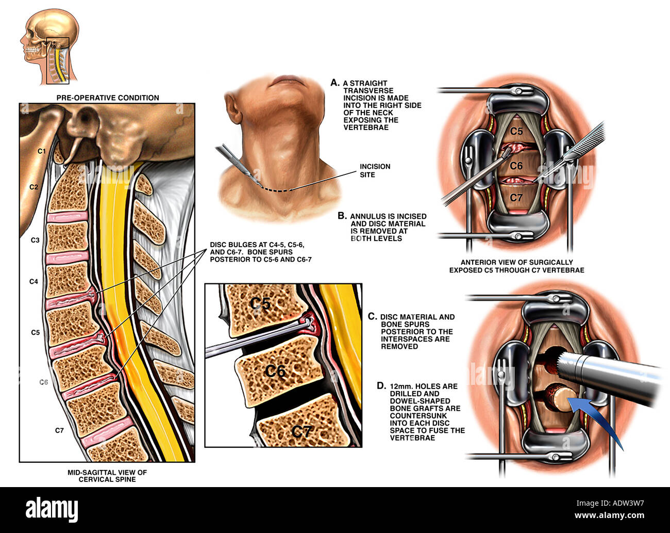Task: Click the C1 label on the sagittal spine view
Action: point(42,151)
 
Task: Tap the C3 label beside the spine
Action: point(35,240)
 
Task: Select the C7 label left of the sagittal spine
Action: point(59,430)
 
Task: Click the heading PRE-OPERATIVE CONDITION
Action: point(108,98)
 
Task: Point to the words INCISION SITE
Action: point(375,170)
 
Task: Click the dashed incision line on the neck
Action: point(274,190)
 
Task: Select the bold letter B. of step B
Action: point(342,216)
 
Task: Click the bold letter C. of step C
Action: point(372,316)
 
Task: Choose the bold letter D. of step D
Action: point(381,385)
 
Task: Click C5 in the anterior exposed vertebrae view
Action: point(516,131)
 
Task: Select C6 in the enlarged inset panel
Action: point(275,370)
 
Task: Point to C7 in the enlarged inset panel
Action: point(302,431)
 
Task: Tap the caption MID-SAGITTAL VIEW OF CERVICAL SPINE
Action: point(107,475)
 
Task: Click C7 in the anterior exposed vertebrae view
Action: point(516,198)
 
